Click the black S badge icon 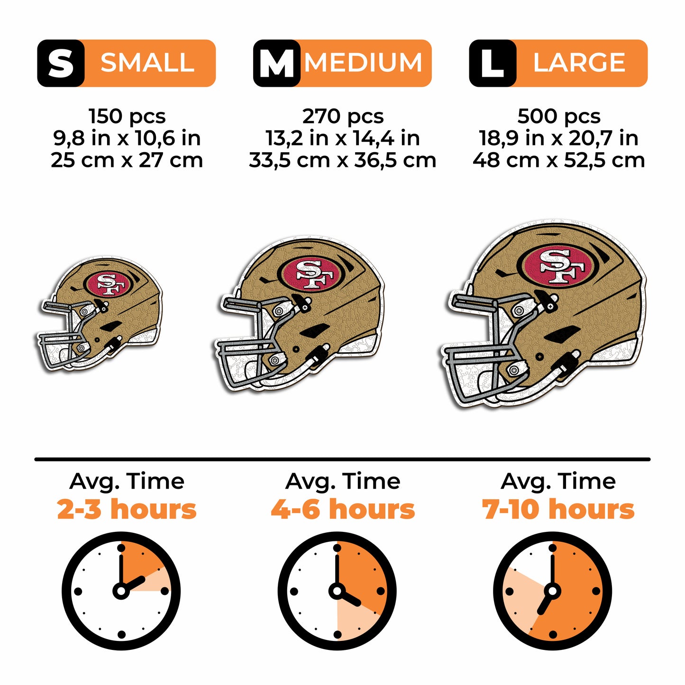61,63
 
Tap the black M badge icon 277,63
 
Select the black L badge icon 493,63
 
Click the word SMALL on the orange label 147,63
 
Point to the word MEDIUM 364,63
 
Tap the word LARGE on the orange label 579,63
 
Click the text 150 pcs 127,116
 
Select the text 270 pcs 343,116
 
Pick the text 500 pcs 559,116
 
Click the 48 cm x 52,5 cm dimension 559,160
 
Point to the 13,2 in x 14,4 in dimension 343,138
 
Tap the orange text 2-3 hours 127,510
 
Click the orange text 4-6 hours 343,510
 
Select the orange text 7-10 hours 558,510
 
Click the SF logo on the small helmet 107,284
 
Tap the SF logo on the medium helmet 311,274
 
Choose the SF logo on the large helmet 557,266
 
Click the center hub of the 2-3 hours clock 121,591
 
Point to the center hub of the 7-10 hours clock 552,591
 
